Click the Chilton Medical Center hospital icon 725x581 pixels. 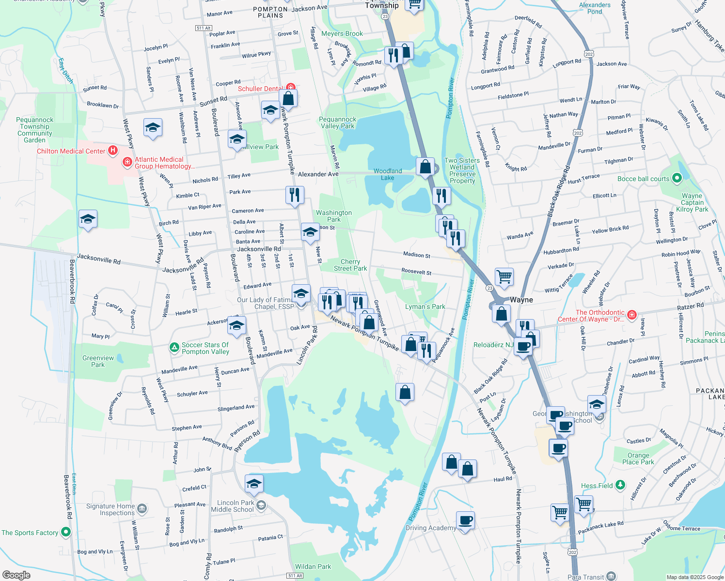(x=113, y=151)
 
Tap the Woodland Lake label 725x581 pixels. (x=387, y=174)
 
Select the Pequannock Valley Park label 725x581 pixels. (x=337, y=122)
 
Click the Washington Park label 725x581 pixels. (x=334, y=216)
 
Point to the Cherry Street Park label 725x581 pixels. (x=350, y=265)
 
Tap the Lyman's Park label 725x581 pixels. (x=425, y=306)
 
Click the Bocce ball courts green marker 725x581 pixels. (x=677, y=179)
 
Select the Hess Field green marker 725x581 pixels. (x=620, y=485)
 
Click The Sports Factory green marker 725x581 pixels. (x=66, y=532)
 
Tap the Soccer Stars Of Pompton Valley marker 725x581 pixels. (x=174, y=348)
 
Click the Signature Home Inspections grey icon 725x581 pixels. (x=142, y=509)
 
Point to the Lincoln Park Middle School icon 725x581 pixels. (x=261, y=506)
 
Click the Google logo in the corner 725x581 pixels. (x=16, y=575)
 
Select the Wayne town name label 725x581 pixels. (x=521, y=300)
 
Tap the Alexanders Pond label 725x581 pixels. (x=595, y=8)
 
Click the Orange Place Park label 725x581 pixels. (x=638, y=459)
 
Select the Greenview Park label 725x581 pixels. (x=98, y=361)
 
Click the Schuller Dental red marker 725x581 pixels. (x=290, y=88)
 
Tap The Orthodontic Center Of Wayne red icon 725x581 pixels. (x=631, y=315)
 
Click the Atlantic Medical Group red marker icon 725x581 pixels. (x=127, y=162)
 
